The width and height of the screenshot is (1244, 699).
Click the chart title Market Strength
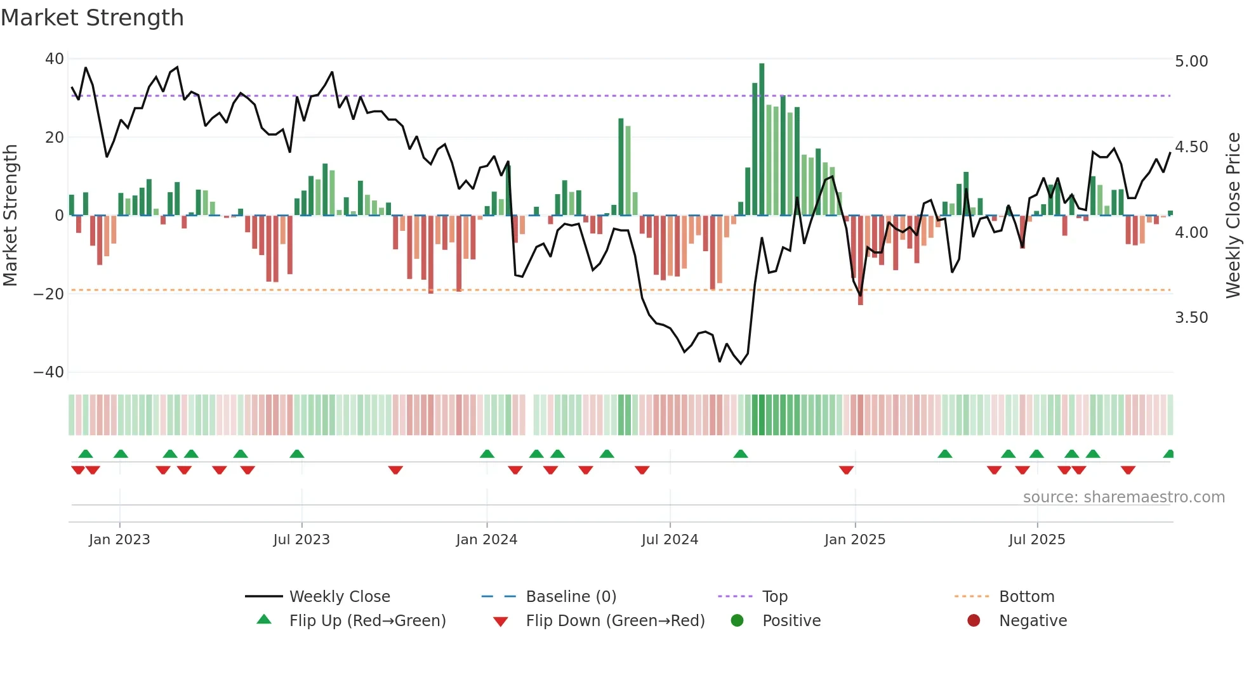(92, 18)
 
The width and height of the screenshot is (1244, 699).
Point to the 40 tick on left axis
(55, 59)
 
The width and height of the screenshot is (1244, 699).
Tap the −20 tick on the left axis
(49, 294)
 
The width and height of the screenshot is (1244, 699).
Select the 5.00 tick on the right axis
(1191, 62)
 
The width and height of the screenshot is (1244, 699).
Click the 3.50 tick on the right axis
(1191, 318)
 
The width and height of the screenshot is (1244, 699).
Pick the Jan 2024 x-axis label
(486, 540)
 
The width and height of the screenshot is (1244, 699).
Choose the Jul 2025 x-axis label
(1036, 540)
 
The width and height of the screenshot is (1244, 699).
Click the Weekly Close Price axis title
(1233, 215)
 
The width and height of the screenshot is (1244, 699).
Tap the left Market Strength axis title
(10, 215)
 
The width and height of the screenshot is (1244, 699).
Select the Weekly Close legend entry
(340, 597)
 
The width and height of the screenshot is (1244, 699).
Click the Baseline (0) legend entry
(571, 597)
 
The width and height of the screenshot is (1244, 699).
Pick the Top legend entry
(774, 597)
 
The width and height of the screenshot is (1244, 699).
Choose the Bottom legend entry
(1026, 597)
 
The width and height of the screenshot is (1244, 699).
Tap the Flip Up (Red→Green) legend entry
(367, 621)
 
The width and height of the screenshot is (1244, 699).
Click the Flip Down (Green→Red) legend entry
(615, 621)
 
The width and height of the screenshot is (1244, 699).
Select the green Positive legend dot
(737, 621)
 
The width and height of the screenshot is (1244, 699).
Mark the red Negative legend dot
(974, 621)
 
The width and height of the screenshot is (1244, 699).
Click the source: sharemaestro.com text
(1123, 497)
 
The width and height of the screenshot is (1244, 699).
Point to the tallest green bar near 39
(762, 140)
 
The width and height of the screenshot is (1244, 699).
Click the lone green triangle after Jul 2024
(741, 454)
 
